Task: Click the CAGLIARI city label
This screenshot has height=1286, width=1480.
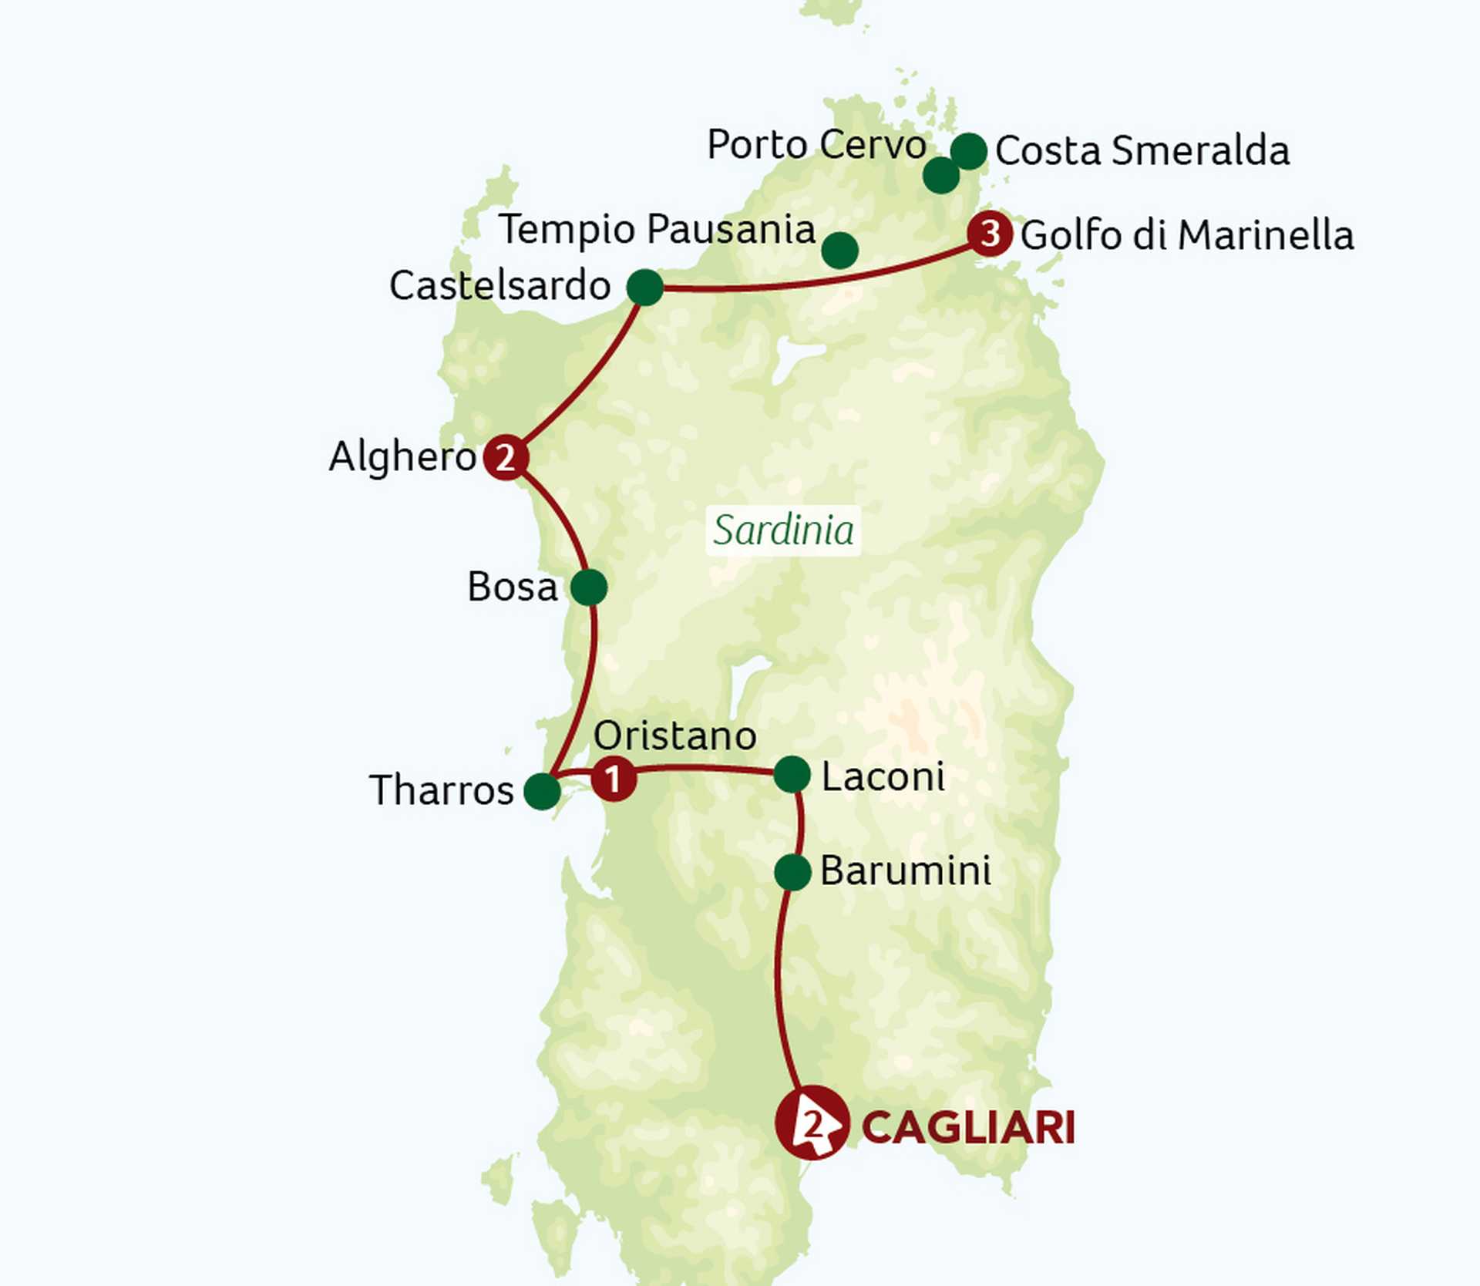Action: pyautogui.click(x=967, y=1128)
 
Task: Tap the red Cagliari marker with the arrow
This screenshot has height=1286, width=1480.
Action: pyautogui.click(x=812, y=1123)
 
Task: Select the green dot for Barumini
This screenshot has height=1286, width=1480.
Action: pyautogui.click(x=792, y=873)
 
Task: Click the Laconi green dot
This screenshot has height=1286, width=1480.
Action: pyautogui.click(x=792, y=774)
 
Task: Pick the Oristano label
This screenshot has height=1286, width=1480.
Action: pyautogui.click(x=674, y=736)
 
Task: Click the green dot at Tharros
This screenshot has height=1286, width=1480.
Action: pyautogui.click(x=542, y=791)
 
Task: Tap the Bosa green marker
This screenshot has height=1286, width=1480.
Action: pyautogui.click(x=589, y=587)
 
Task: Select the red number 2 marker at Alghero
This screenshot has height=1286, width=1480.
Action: pyautogui.click(x=506, y=457)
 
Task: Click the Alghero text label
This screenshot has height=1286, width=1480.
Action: pyautogui.click(x=402, y=456)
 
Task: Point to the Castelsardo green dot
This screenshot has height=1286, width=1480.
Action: pyautogui.click(x=645, y=288)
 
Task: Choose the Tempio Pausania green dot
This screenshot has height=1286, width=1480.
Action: pyautogui.click(x=840, y=251)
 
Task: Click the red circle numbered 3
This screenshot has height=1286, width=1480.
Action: pyautogui.click(x=990, y=233)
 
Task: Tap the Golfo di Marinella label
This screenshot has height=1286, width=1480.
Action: pyautogui.click(x=1187, y=235)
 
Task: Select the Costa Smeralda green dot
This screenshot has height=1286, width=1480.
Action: pyautogui.click(x=969, y=151)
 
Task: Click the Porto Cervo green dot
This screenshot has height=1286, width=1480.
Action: pyautogui.click(x=940, y=176)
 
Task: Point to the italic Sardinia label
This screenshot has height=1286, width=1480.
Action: pyautogui.click(x=783, y=530)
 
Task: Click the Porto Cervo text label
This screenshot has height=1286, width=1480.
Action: pyautogui.click(x=816, y=144)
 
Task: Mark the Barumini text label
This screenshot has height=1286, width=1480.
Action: pyautogui.click(x=906, y=871)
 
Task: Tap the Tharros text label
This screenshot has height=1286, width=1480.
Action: pyautogui.click(x=441, y=790)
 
